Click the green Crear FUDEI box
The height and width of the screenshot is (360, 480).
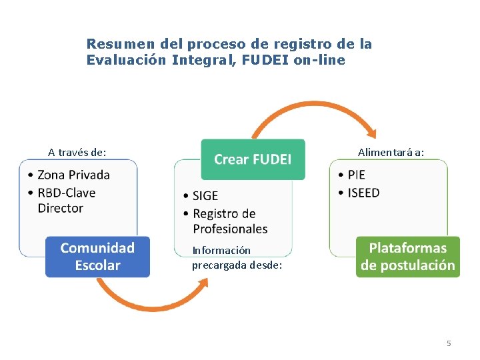(253, 159)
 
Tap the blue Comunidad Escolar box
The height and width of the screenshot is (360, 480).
(97, 257)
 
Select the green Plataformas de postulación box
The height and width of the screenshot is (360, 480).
(407, 257)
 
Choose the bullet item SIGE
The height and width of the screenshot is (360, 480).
(205, 196)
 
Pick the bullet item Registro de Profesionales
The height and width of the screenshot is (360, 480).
(229, 221)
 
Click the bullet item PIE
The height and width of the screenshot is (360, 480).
(356, 175)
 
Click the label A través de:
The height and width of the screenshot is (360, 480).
(77, 152)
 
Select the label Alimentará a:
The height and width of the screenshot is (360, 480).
(391, 152)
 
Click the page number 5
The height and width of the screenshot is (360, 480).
(449, 343)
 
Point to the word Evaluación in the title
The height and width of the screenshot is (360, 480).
(126, 60)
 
